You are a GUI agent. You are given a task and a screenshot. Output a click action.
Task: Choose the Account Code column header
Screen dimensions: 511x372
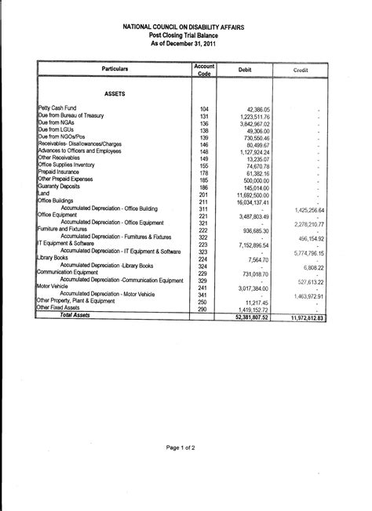click(204, 70)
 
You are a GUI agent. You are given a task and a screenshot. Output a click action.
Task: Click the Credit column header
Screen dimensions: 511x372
click(301, 70)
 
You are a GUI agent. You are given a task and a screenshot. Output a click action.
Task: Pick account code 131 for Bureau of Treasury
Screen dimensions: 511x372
click(204, 116)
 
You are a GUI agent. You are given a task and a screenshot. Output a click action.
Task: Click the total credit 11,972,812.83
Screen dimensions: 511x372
click(301, 317)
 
